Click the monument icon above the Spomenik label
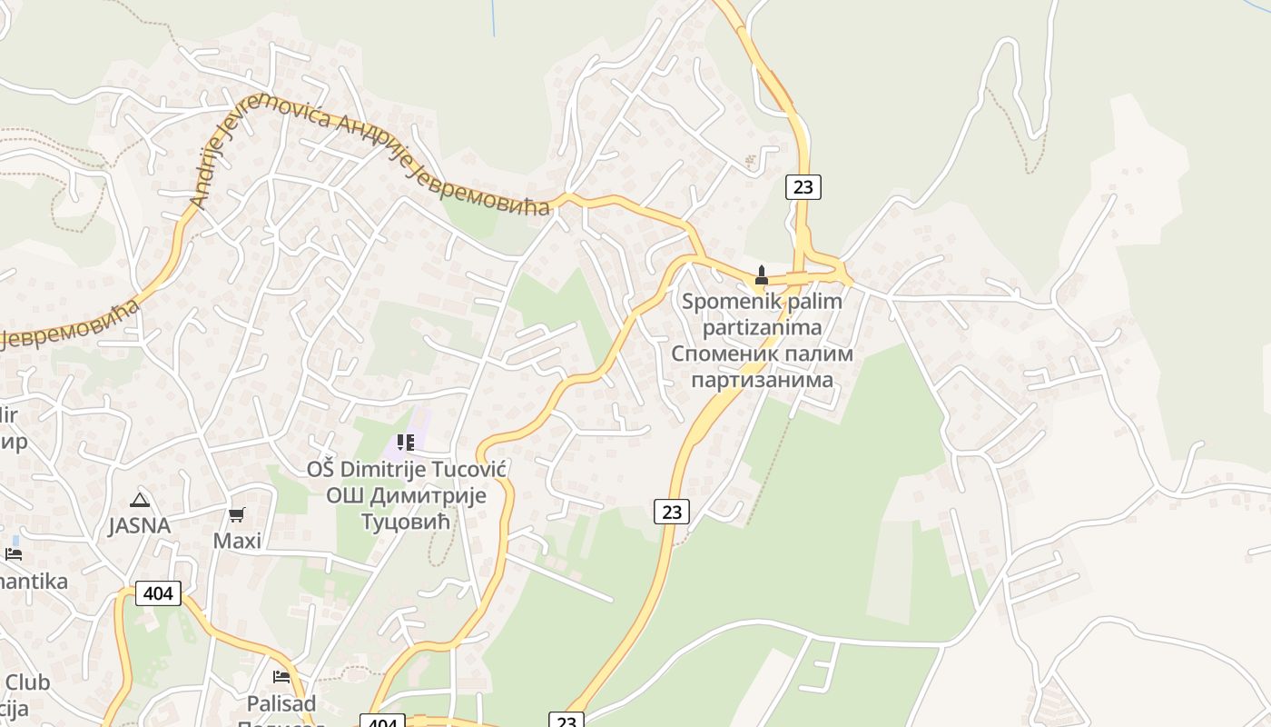(x=762, y=274)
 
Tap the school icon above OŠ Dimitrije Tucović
(x=405, y=443)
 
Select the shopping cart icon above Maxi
(x=237, y=515)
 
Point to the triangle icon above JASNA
(x=139, y=499)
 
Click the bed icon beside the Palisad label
(x=281, y=677)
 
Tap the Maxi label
(x=237, y=541)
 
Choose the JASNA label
(x=139, y=525)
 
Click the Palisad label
(x=281, y=703)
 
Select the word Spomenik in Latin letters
(x=724, y=301)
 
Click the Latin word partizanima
(x=762, y=327)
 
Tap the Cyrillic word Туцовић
(x=406, y=522)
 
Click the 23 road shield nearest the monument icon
(x=803, y=187)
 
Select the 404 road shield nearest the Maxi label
(x=159, y=593)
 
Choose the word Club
(x=27, y=682)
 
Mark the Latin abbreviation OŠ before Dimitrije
(x=320, y=469)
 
